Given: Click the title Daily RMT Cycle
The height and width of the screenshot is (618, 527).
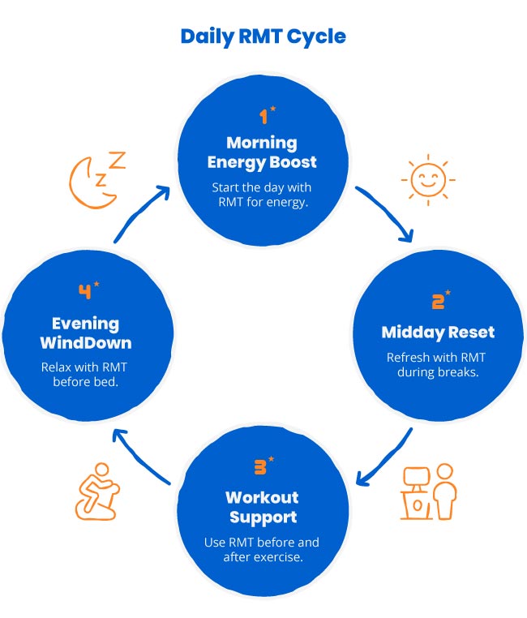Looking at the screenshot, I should coord(263,36).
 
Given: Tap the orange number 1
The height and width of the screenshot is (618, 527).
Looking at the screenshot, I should coord(263,116).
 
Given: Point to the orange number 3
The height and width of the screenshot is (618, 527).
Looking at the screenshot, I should coord(262,468).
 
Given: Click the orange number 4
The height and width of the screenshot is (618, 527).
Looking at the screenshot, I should coord(86,290).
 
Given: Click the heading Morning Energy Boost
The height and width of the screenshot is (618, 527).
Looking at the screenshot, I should coord(260,152).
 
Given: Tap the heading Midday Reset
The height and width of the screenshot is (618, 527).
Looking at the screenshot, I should coord(438,333).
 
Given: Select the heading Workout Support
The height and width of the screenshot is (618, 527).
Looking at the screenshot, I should coord(262,507).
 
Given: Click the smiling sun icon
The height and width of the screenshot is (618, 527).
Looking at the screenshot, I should coord(427,179).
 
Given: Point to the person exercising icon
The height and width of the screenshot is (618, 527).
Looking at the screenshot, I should coord(96,491).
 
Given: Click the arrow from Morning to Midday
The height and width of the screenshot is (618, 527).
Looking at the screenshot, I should coord(386,212).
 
